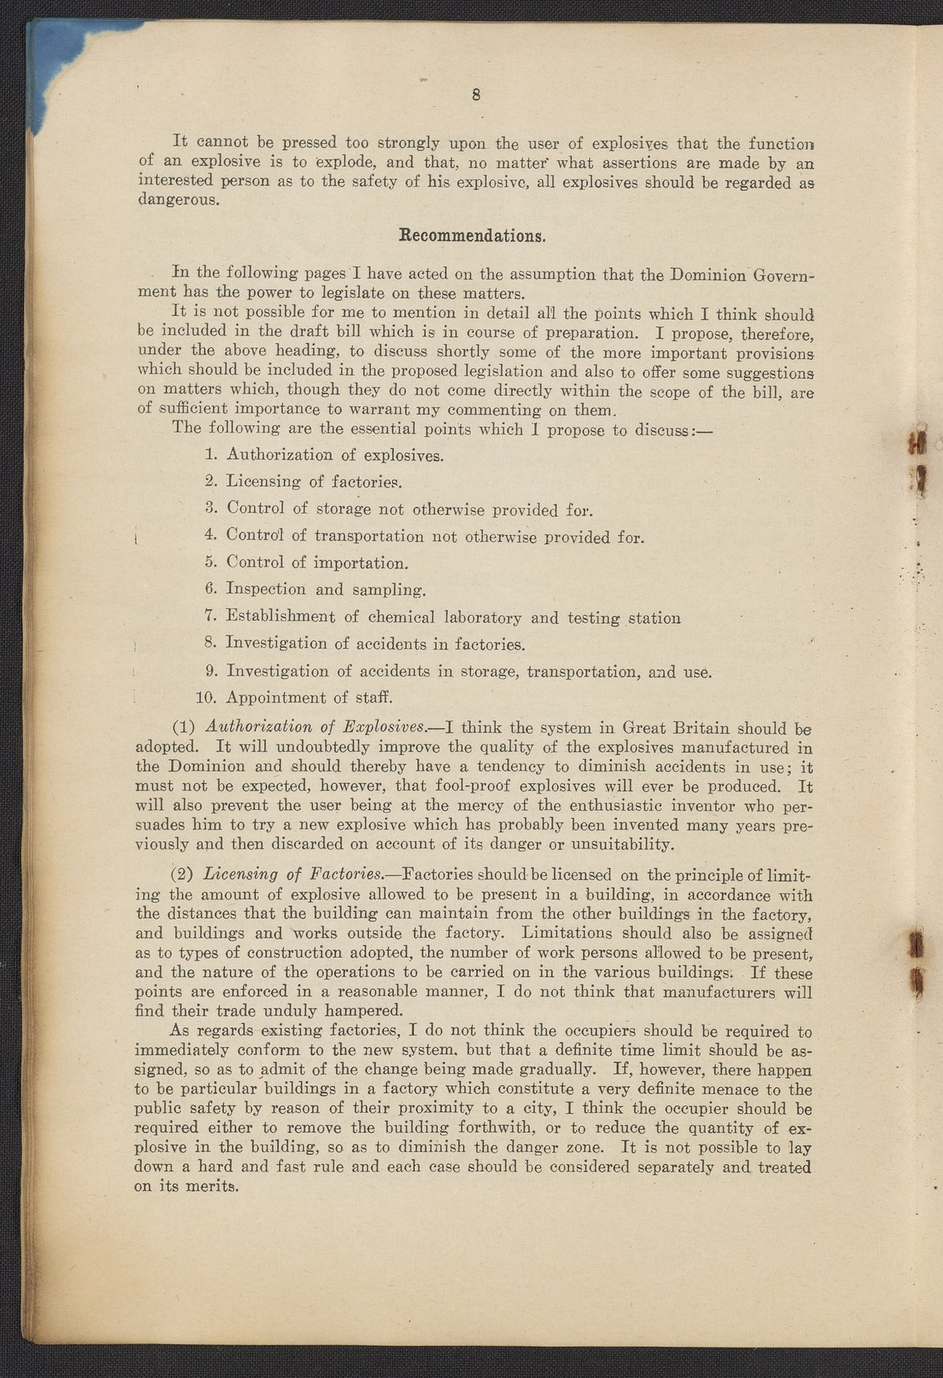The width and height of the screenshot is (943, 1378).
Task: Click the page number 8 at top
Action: coord(476,95)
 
